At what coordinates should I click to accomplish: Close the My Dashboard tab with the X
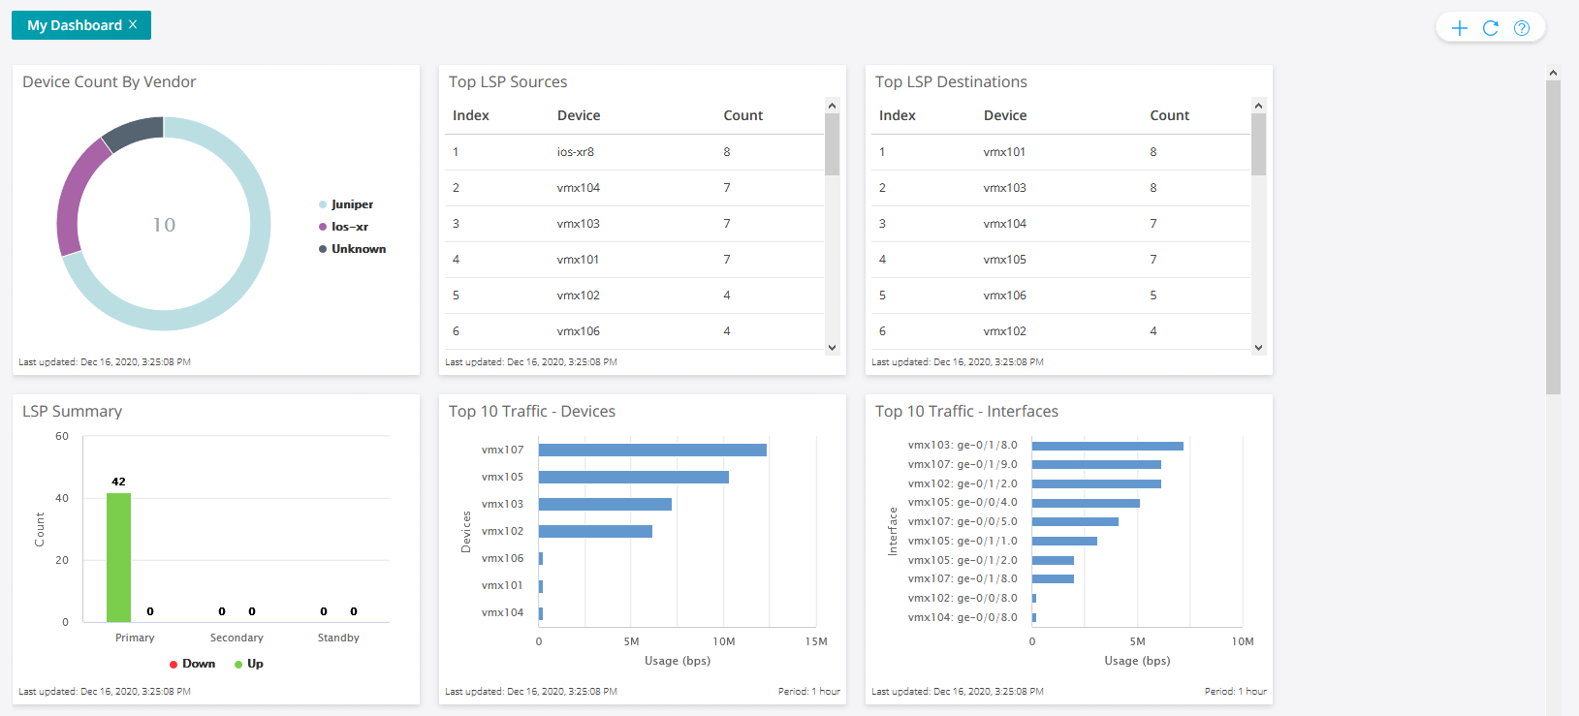coord(133,25)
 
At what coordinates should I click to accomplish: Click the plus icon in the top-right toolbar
coord(1459,28)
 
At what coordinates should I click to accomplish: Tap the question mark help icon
coord(1522,28)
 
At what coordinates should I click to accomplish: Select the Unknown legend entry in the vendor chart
coord(358,249)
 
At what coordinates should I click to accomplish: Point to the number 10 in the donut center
coord(164,225)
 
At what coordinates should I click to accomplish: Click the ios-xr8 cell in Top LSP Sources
coord(575,152)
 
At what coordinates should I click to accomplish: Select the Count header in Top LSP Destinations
coord(1169,115)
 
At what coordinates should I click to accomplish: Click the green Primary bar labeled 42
coord(118,557)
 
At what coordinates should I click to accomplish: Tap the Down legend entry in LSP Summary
coord(198,664)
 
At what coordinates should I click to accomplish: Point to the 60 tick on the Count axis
coord(62,437)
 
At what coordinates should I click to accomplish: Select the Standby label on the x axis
coord(338,638)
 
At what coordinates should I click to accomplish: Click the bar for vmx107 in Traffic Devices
coord(651,450)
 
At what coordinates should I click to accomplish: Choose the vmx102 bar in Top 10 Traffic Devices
coord(595,531)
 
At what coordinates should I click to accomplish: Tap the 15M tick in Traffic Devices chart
coord(816,641)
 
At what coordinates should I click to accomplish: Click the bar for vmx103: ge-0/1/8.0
coord(1107,446)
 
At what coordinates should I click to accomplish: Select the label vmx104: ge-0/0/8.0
coord(963,617)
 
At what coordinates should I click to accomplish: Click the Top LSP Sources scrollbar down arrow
coord(832,347)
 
